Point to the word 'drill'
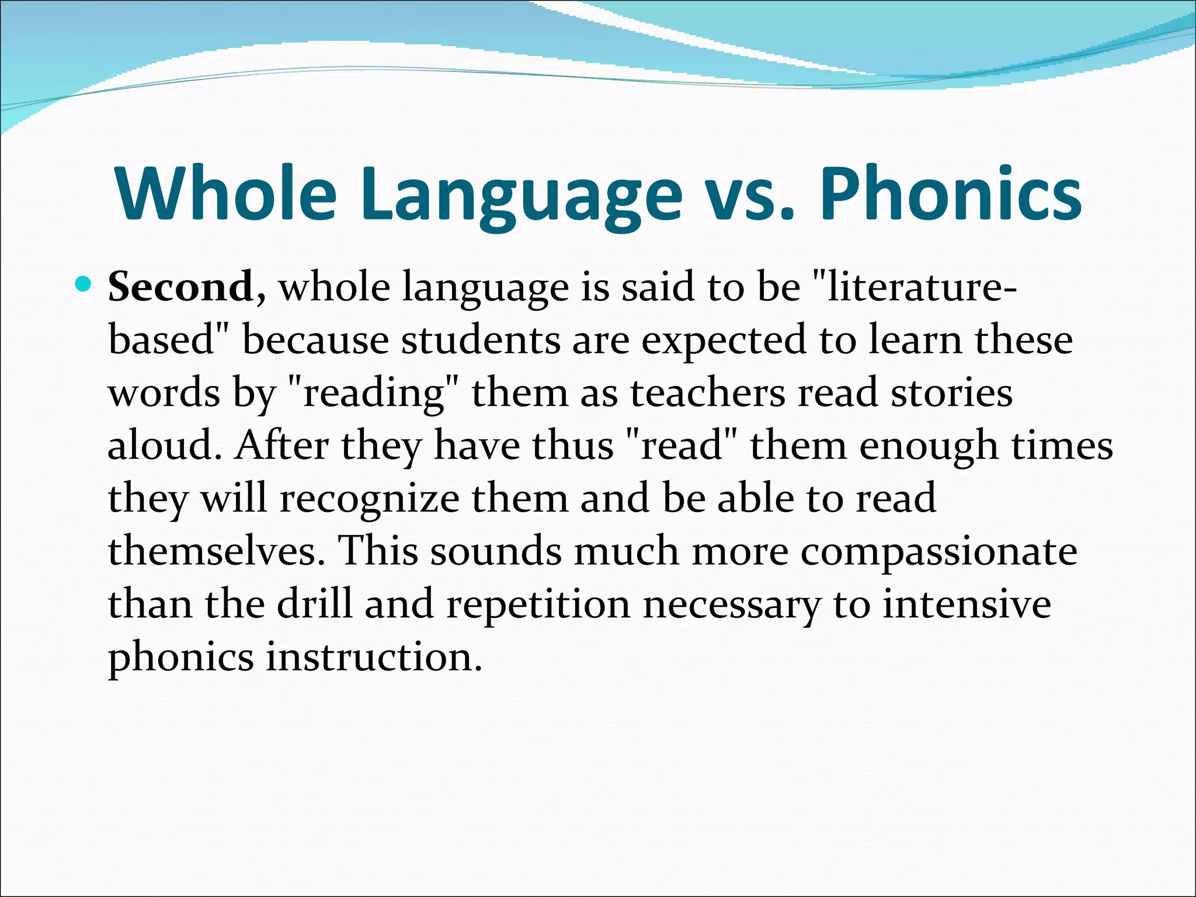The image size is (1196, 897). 314,604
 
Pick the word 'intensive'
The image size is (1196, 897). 966,604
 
